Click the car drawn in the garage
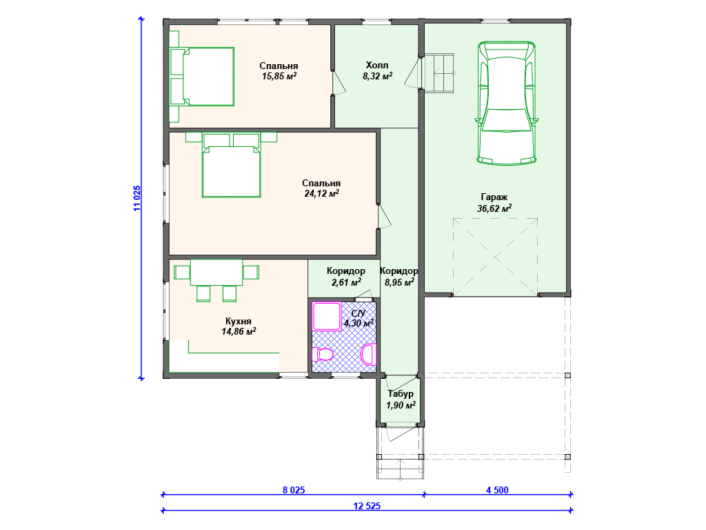(x=507, y=104)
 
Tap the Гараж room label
(x=494, y=197)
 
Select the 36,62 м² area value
(x=494, y=208)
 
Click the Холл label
(x=377, y=66)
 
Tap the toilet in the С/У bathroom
(x=323, y=354)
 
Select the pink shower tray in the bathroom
(x=326, y=316)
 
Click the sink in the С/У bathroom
(x=369, y=354)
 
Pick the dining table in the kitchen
(x=216, y=272)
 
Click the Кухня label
(x=238, y=322)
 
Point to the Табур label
(x=401, y=394)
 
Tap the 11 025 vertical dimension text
(x=137, y=198)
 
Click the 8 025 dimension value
(x=294, y=490)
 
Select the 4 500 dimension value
(x=497, y=490)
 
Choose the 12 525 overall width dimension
(x=367, y=506)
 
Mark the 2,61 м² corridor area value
(x=346, y=282)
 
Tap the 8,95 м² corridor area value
(x=399, y=282)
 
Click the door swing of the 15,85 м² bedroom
(x=339, y=82)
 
